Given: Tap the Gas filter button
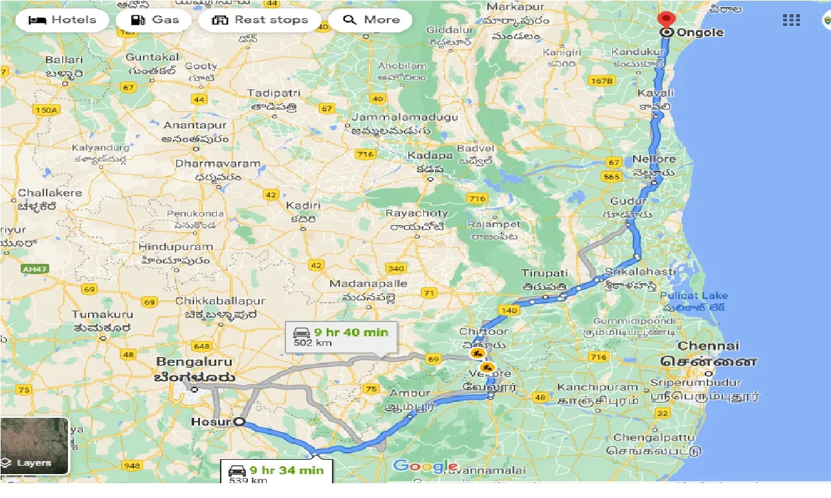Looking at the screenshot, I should click(154, 19).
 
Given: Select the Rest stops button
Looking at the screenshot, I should click(260, 19).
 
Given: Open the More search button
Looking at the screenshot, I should click(371, 19).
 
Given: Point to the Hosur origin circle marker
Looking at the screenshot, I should click(239, 422).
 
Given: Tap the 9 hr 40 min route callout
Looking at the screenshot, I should click(341, 337).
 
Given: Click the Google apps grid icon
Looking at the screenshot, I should click(791, 20).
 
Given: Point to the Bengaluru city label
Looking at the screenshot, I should click(194, 361).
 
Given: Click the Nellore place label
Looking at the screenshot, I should click(654, 159).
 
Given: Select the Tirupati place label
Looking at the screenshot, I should click(544, 273).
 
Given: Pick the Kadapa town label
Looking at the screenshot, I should click(430, 156).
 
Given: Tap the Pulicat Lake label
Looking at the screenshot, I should click(693, 296).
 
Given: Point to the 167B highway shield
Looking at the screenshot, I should click(601, 81).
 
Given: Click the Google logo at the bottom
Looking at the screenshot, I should click(425, 466).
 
